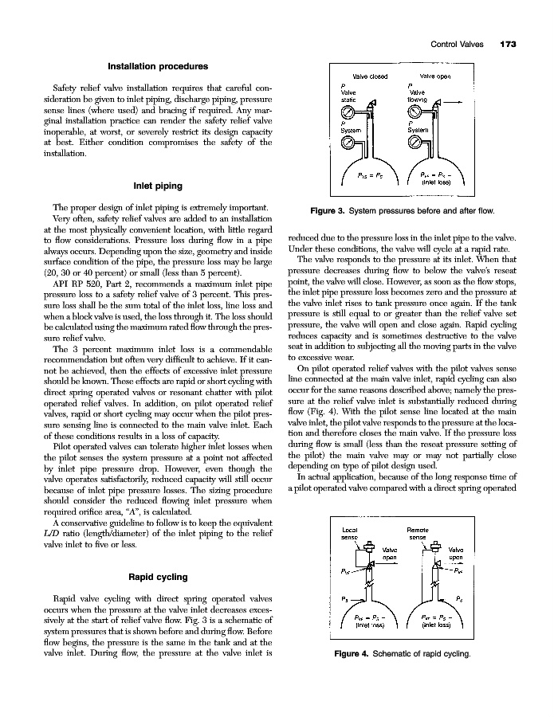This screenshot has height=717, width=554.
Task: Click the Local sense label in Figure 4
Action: click(x=348, y=534)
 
